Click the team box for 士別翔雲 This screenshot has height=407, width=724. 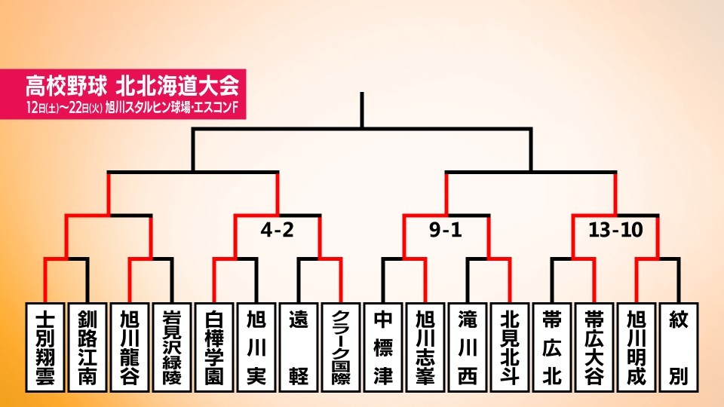(x=44, y=347)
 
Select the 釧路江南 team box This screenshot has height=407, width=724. (x=87, y=347)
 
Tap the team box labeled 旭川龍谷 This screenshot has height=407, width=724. (x=129, y=347)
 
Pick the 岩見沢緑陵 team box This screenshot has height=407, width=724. (x=172, y=347)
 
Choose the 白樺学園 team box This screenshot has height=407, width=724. (x=213, y=347)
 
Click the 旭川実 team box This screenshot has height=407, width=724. (x=256, y=347)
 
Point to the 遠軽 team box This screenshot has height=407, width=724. (x=299, y=347)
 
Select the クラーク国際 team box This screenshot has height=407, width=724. (x=341, y=347)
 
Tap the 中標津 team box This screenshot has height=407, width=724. (x=383, y=347)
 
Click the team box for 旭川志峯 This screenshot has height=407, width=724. (x=425, y=347)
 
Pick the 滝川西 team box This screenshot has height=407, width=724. (x=468, y=347)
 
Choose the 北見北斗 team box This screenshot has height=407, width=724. (x=510, y=347)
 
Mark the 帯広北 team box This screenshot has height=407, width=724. (x=552, y=347)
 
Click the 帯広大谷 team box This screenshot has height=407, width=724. (x=594, y=347)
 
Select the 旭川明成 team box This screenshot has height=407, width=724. (x=637, y=347)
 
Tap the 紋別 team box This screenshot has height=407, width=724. (x=679, y=347)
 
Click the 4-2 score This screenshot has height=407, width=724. (x=277, y=229)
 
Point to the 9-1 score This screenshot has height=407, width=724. (x=446, y=229)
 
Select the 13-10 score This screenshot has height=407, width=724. (x=615, y=229)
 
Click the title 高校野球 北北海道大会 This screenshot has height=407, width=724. (x=132, y=85)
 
